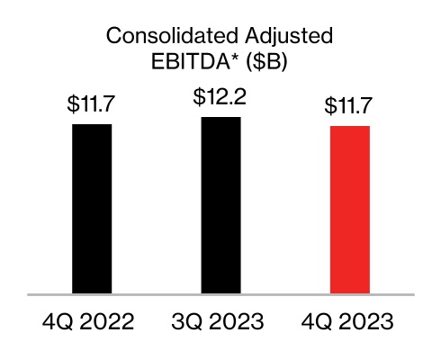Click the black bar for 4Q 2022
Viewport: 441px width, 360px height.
pos(92,209)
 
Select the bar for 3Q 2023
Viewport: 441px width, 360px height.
pos(220,205)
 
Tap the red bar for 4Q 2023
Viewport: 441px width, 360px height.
pos(350,209)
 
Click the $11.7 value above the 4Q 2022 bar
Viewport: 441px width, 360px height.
pos(92,104)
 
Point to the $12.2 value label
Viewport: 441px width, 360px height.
pos(220,97)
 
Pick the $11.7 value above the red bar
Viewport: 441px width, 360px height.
pos(350,106)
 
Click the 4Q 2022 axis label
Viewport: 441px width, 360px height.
pos(91,321)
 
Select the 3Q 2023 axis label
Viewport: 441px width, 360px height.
pos(220,321)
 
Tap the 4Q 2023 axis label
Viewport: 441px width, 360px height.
pos(350,321)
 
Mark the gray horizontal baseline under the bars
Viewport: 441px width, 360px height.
pos(220,294)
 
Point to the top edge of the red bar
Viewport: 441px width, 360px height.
pos(350,126)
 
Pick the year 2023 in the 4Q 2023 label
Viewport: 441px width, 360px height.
pos(369,321)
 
